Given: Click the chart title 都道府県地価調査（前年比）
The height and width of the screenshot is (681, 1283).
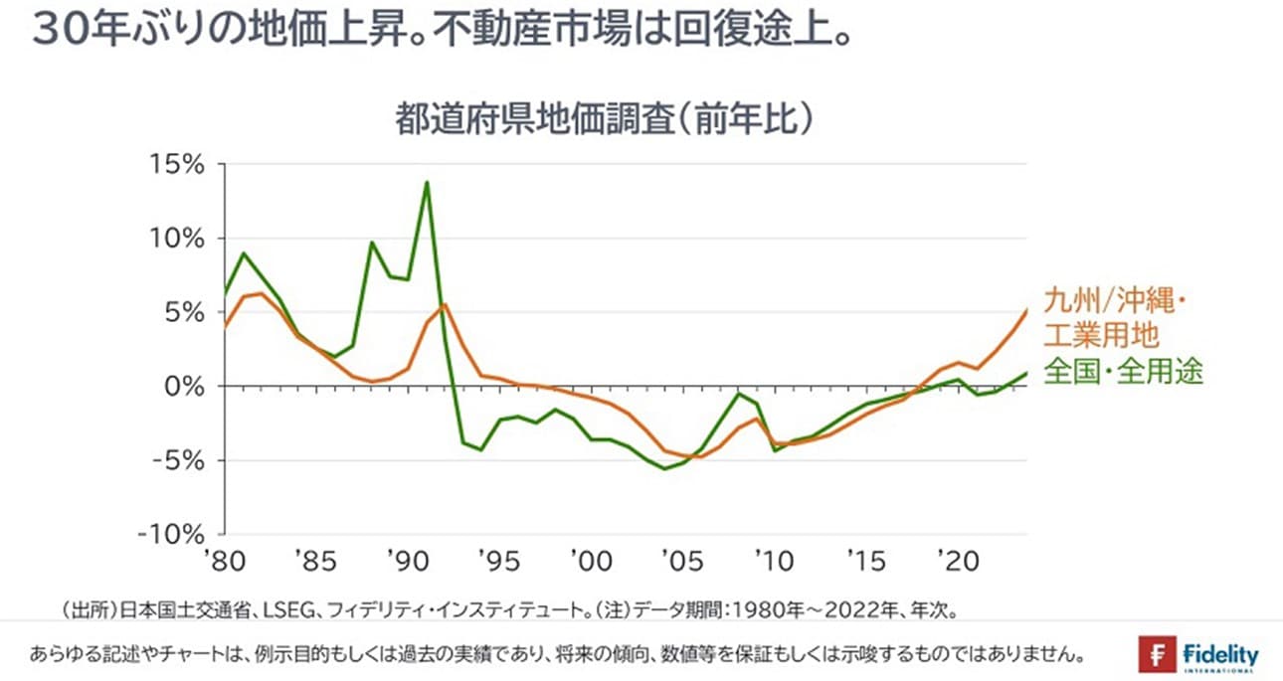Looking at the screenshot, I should click(x=607, y=121).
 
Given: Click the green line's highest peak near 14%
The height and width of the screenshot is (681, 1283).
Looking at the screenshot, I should click(x=427, y=182).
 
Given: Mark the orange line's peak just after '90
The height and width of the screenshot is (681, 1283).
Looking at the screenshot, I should click(x=445, y=304).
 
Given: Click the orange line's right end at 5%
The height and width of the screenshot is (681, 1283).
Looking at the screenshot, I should click(x=1026, y=311).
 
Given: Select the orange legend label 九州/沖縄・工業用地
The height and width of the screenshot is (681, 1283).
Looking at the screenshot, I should click(x=1116, y=316).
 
